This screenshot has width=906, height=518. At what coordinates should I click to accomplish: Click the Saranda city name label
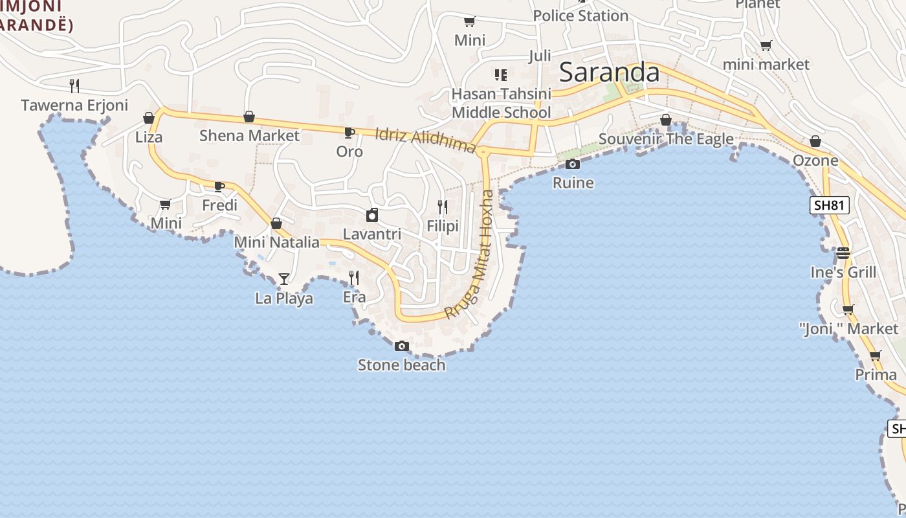point(609,72)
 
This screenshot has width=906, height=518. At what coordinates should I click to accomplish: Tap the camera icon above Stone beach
point(402,346)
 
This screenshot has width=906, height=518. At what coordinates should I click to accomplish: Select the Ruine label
point(573,183)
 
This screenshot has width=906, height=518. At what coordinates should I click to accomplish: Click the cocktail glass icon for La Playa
point(284,279)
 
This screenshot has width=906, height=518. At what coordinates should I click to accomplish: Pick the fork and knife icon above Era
point(354,278)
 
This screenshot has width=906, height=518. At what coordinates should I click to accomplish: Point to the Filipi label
point(443,226)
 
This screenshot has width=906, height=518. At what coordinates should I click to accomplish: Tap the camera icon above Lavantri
point(372,215)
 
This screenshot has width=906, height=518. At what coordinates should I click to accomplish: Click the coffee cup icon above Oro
point(349,133)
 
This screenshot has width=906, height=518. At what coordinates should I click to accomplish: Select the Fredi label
point(220,205)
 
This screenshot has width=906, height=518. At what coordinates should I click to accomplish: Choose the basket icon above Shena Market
point(249,117)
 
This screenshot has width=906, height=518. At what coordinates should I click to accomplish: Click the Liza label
point(149,137)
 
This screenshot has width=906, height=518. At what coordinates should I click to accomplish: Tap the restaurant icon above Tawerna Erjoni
point(74,85)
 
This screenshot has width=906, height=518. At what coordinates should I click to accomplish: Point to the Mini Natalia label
point(277,242)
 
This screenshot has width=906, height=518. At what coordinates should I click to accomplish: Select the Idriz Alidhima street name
point(425,139)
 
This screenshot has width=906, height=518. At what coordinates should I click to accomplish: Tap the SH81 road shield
point(830,205)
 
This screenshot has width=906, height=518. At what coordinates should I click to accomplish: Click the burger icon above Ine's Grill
point(843,253)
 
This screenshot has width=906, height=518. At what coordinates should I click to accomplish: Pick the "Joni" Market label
point(849,329)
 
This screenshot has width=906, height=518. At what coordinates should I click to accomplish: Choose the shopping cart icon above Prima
point(876,355)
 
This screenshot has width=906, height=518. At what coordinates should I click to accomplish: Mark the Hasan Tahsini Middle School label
point(502,103)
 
